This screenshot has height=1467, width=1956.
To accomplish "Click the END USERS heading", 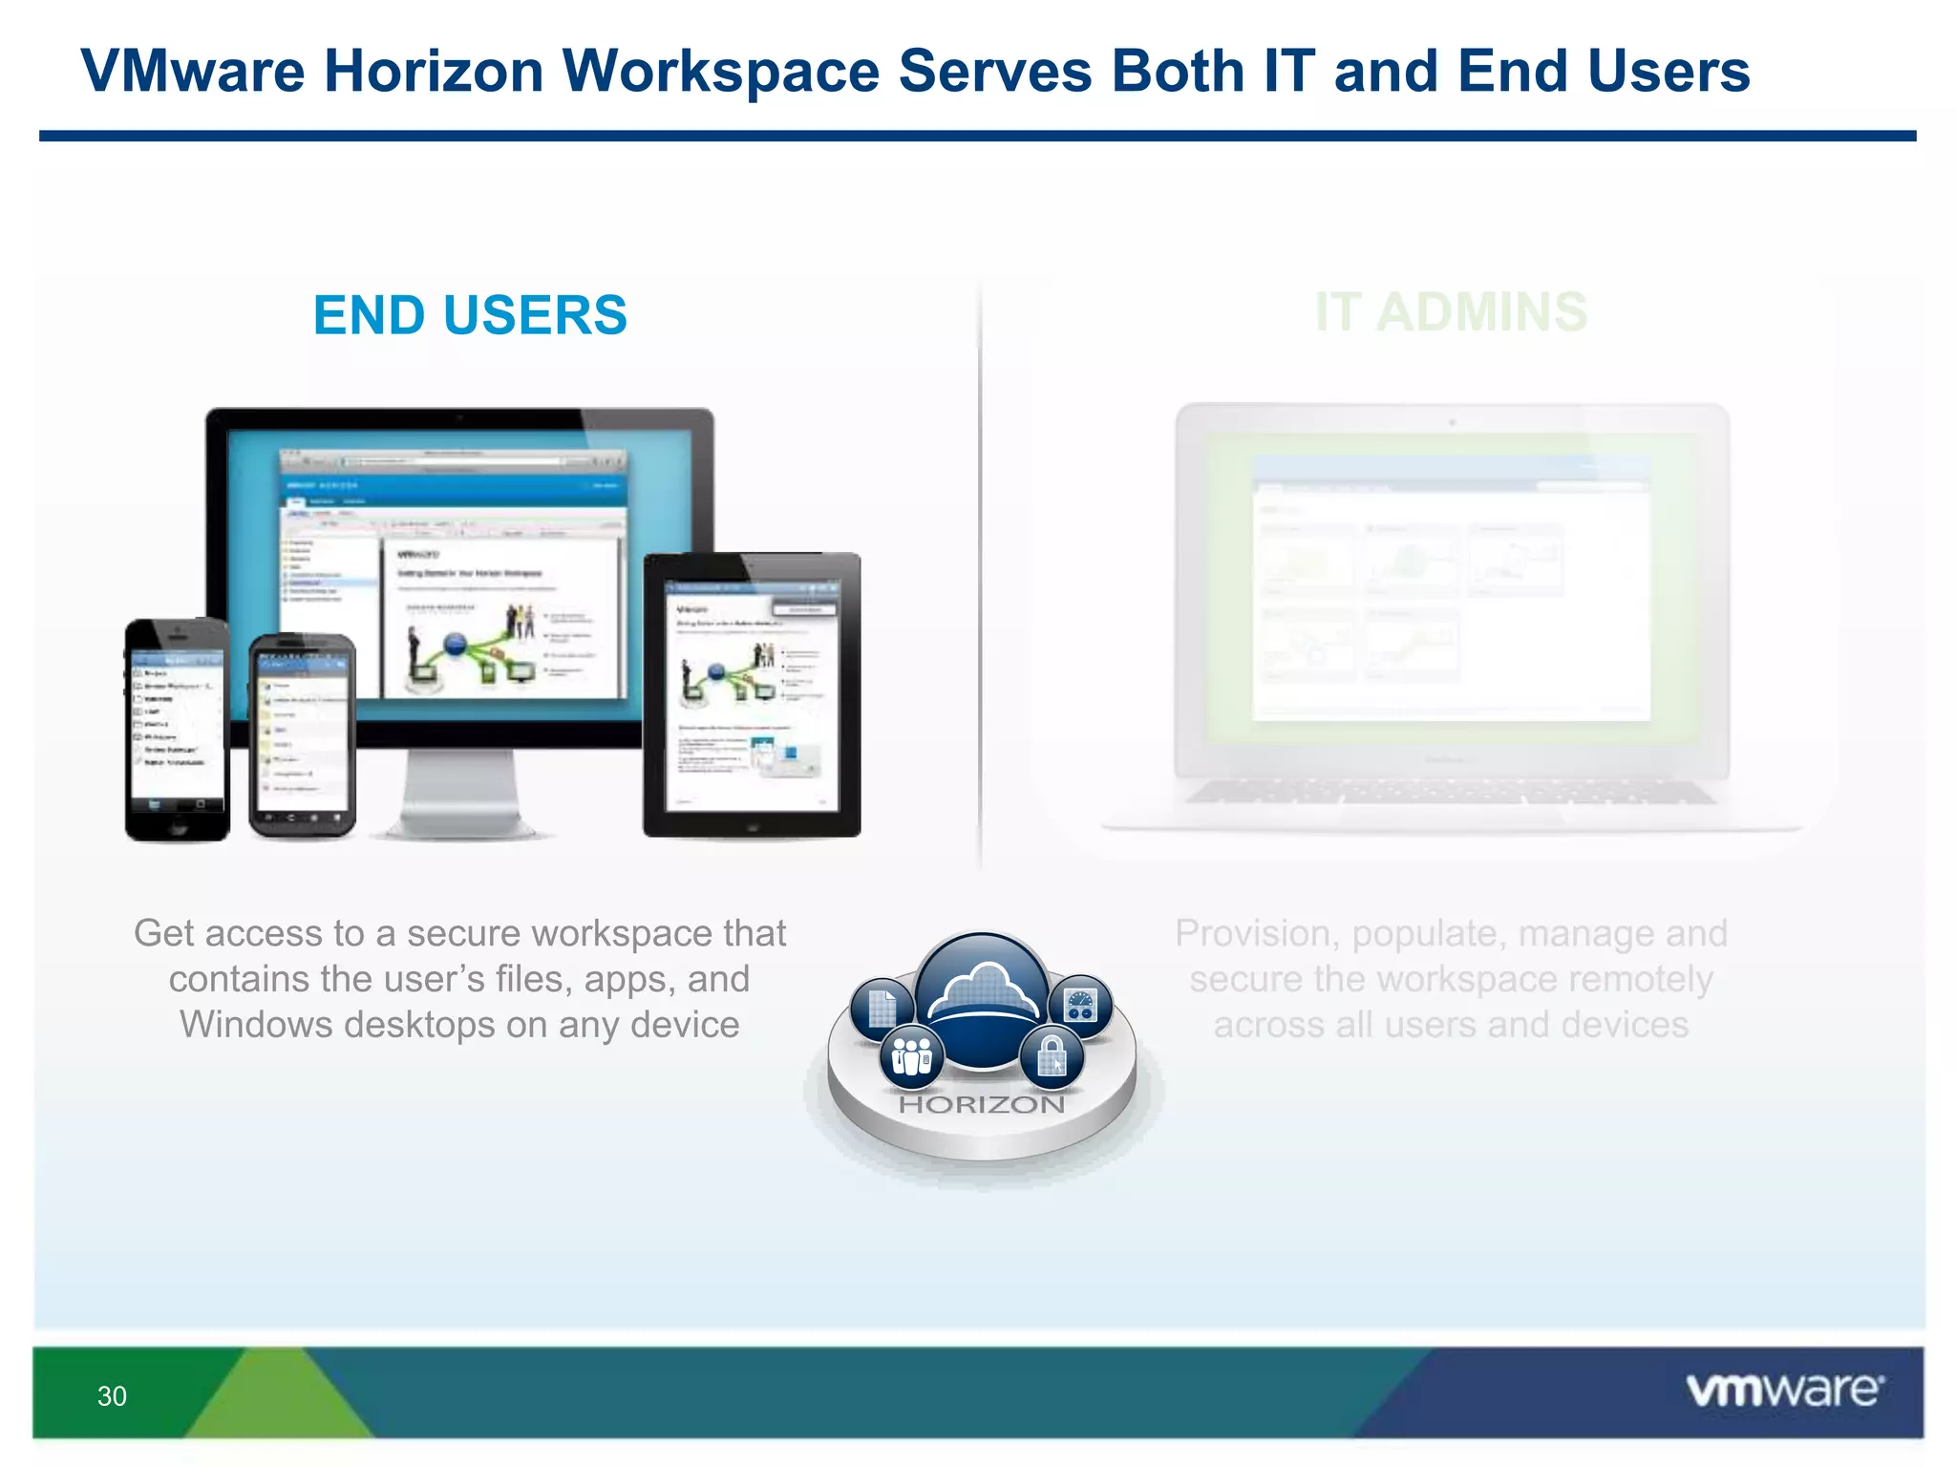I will [470, 315].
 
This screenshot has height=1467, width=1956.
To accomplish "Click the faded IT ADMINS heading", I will [1451, 312].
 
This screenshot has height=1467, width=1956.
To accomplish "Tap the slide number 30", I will [112, 1396].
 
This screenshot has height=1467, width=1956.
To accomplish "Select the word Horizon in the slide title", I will [434, 72].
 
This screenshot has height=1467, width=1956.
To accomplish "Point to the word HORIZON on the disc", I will [982, 1105].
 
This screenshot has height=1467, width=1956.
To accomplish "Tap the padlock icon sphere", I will [1052, 1057].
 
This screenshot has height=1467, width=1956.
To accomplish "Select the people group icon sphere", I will [912, 1056].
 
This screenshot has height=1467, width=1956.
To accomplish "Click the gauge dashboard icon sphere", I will [1080, 1006].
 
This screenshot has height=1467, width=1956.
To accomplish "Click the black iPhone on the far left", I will [177, 731].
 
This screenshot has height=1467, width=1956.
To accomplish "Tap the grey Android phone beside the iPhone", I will [302, 735].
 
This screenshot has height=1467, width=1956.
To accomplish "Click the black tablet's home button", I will [752, 827].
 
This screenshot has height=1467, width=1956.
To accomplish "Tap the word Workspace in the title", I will [720, 72].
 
